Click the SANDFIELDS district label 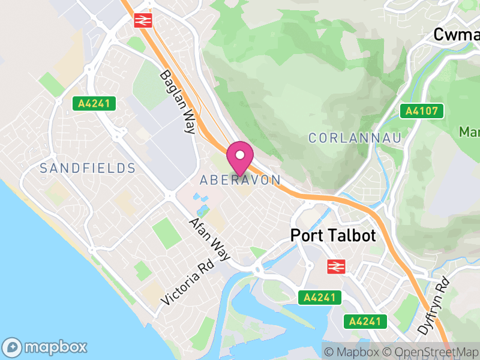88,168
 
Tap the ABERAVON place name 240,180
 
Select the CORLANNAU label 355,138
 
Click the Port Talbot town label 333,236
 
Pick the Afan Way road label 209,239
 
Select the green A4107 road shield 422,111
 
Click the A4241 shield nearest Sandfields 94,103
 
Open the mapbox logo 46,347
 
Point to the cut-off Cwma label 456,35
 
